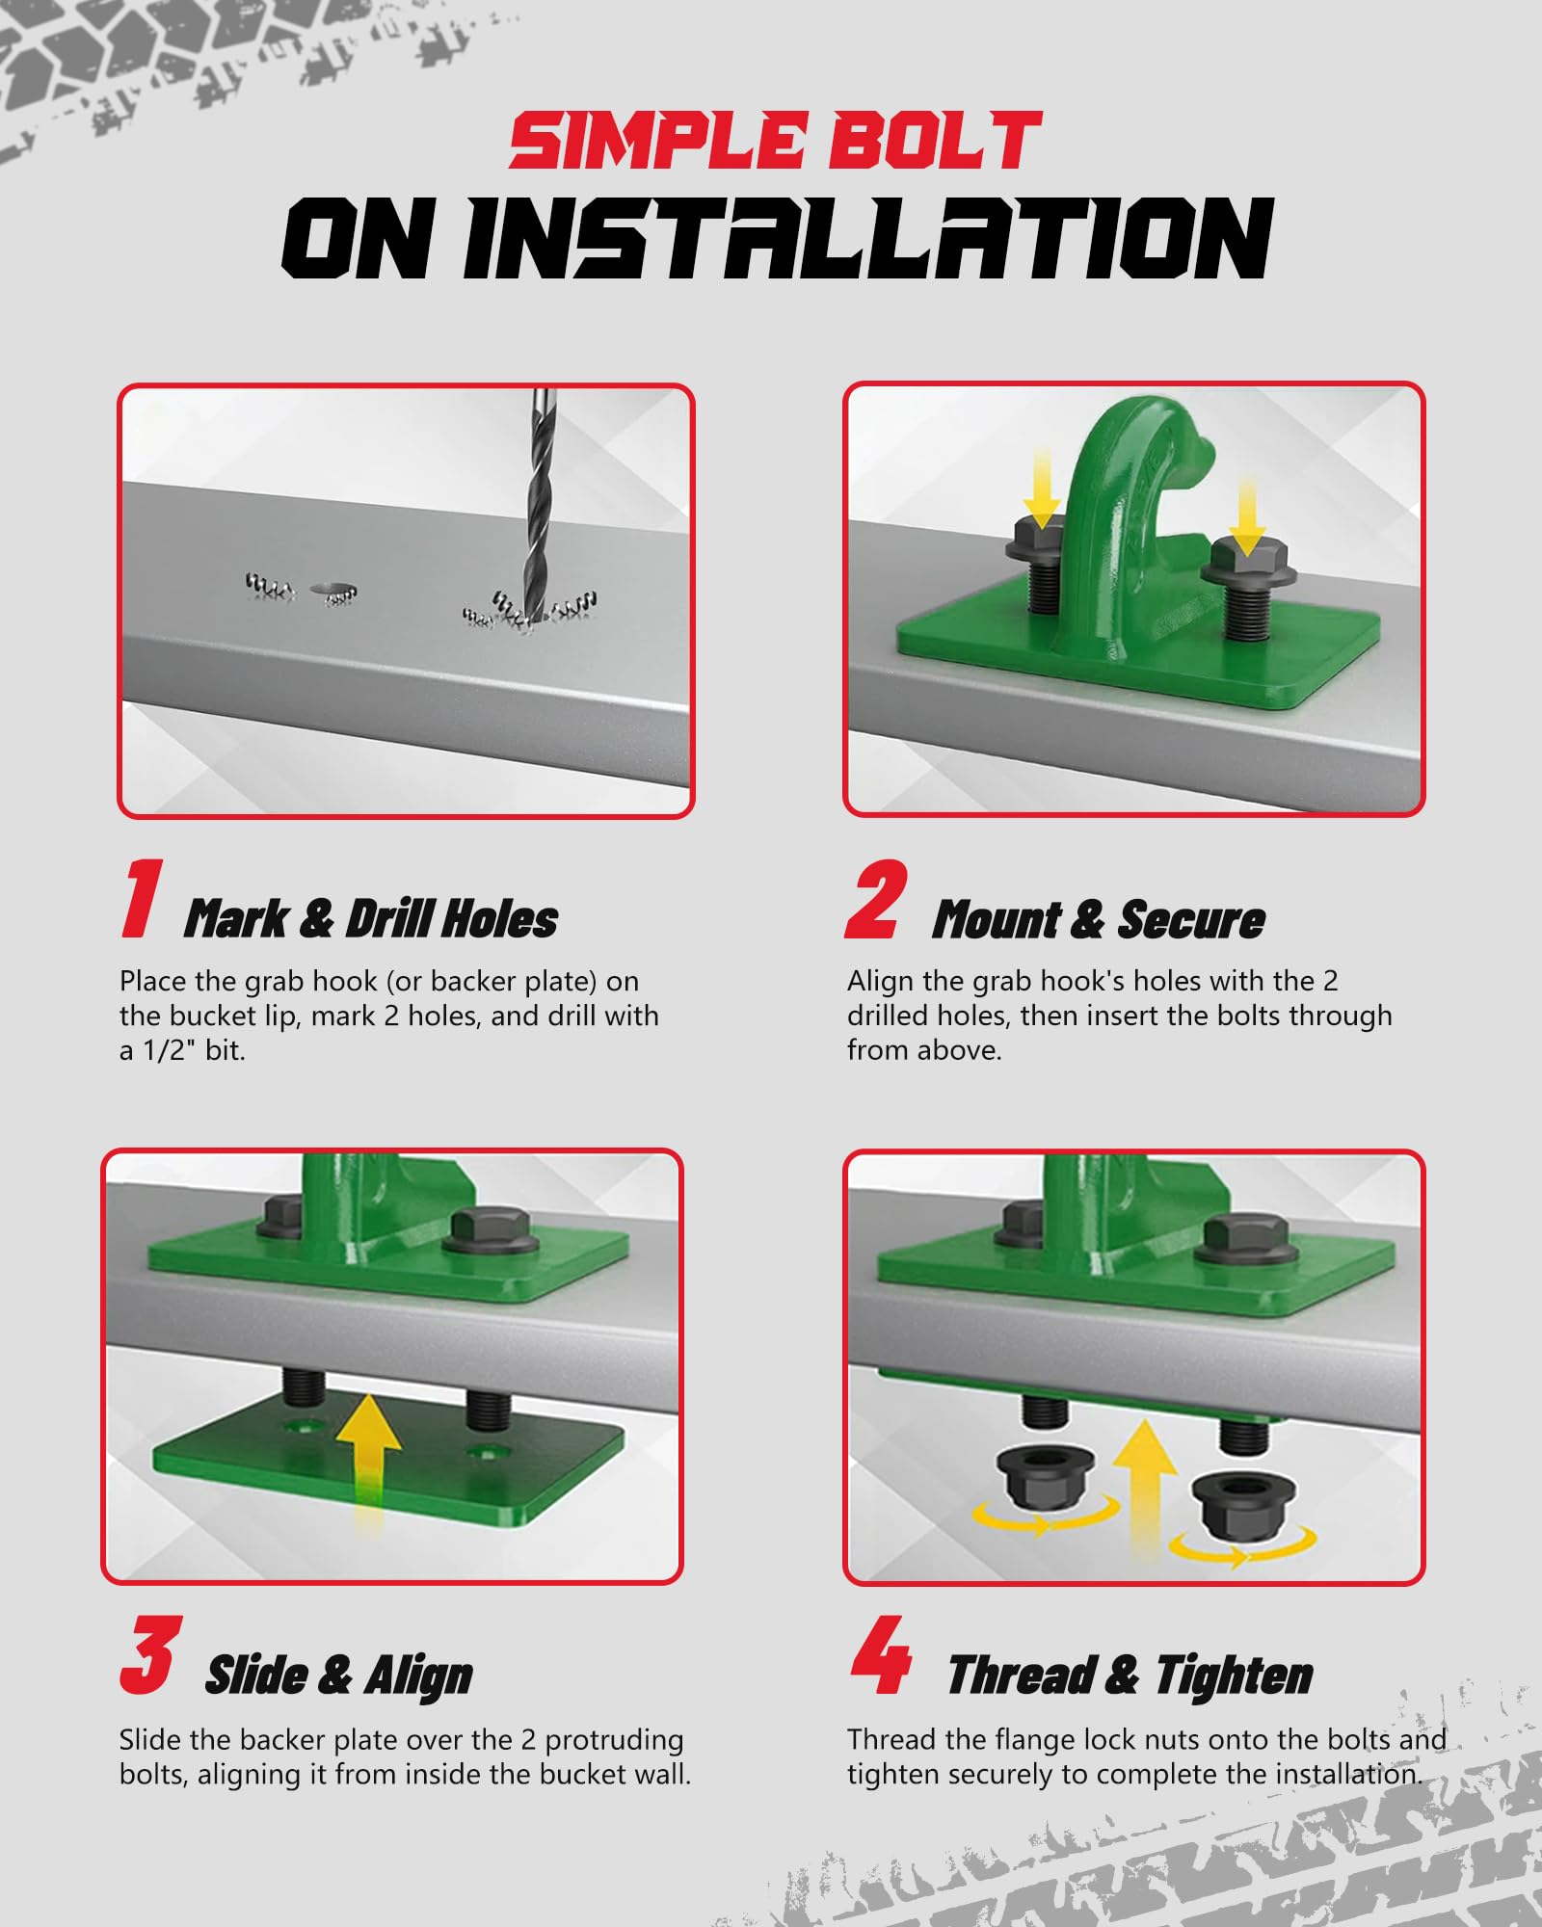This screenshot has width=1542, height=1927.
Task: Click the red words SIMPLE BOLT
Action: [x=776, y=142]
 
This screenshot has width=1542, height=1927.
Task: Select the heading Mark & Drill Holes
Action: [x=371, y=918]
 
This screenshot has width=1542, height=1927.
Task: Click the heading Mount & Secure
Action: [x=1099, y=918]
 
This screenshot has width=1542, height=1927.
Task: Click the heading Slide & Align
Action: [x=339, y=1675]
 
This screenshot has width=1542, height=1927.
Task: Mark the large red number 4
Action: [x=881, y=1655]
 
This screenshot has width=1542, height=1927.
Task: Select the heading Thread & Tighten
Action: [x=1130, y=1675]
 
